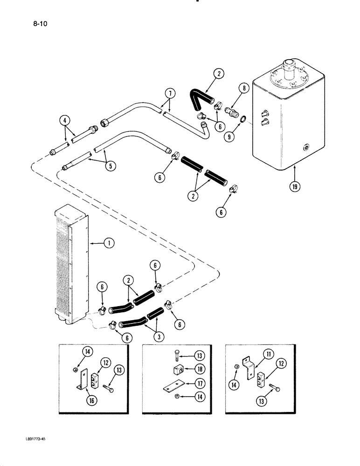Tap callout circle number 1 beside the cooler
[x=108, y=242]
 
